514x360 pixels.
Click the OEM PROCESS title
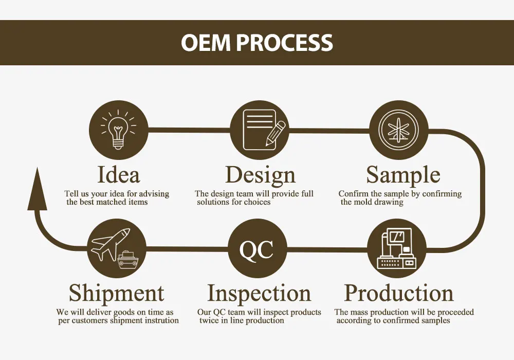pos(257,43)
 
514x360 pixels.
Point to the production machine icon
pos(397,249)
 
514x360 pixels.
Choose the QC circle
pos(257,249)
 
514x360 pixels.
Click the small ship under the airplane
pos(127,260)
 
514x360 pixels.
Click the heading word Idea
pos(118,175)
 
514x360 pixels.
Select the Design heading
pos(260,175)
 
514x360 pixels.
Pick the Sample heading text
pos(403,175)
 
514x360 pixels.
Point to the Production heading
pos(399,293)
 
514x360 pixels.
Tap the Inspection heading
pos(259,293)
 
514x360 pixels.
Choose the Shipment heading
pos(117,293)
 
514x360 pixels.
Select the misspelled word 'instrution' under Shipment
pos(162,320)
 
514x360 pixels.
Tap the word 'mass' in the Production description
pos(360,312)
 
